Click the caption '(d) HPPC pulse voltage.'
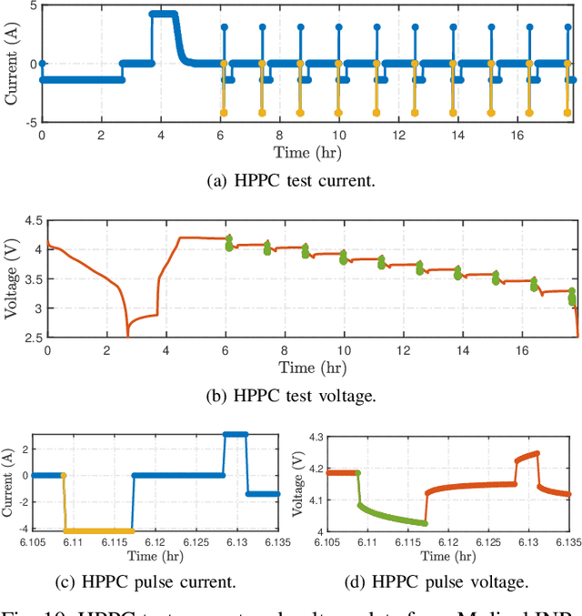click(436, 581)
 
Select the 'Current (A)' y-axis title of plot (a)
click(12, 63)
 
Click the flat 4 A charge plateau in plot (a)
click(163, 14)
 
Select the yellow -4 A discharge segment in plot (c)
click(98, 530)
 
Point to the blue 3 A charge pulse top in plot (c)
click(236, 435)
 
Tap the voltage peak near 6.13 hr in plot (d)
click(537, 453)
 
